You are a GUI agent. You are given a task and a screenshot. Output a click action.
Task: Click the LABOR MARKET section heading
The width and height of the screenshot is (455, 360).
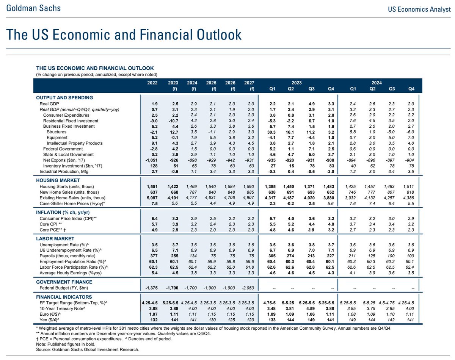coord(55,239)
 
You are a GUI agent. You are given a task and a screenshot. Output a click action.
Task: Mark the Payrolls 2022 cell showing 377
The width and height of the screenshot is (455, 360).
coord(152,256)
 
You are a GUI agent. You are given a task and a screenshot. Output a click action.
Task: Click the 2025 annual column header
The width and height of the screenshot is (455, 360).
coord(212,86)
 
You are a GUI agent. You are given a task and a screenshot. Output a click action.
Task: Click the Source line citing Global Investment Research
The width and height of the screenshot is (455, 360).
coord(88,349)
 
